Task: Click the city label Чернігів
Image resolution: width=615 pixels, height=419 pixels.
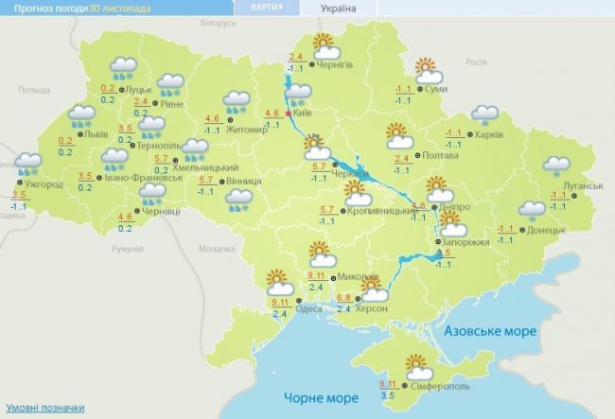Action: point(336,65)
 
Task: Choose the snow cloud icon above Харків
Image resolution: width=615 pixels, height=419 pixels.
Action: point(484,115)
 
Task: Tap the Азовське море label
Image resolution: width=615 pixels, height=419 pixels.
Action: point(491,333)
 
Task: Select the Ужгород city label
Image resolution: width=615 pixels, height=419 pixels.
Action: point(44,183)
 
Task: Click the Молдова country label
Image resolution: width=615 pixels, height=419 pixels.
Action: point(219,249)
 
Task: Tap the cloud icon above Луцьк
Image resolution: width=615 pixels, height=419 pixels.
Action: point(124,67)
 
